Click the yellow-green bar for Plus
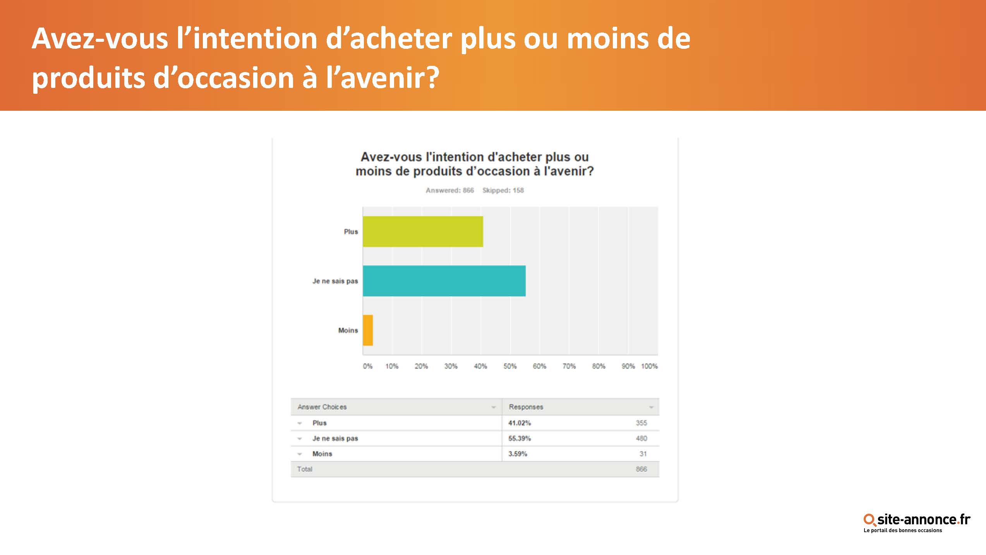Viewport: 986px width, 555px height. (x=423, y=231)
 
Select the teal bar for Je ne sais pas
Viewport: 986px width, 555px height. (x=444, y=281)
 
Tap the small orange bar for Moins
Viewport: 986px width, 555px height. (x=368, y=330)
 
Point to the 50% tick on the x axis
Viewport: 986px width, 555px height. (x=510, y=366)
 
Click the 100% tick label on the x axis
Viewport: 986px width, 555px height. (x=649, y=366)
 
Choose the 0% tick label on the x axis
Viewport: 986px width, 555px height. (x=367, y=366)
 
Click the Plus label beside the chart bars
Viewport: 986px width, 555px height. (x=351, y=232)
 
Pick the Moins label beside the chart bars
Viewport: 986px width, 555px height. (x=348, y=330)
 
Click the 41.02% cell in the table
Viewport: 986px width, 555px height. (x=520, y=423)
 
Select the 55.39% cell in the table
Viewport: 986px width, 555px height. (x=520, y=438)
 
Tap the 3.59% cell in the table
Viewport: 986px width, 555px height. (x=518, y=454)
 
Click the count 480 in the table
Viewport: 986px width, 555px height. (x=641, y=438)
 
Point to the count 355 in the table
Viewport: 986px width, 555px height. (x=641, y=423)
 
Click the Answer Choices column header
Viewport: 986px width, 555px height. (x=322, y=407)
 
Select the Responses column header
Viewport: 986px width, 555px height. (x=526, y=407)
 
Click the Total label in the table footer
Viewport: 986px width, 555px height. (x=305, y=469)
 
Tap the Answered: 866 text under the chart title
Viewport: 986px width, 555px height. (x=450, y=190)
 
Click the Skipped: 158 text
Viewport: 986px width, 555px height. (x=503, y=190)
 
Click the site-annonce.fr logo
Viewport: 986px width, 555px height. (x=917, y=523)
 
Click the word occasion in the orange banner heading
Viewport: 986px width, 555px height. (x=236, y=78)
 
